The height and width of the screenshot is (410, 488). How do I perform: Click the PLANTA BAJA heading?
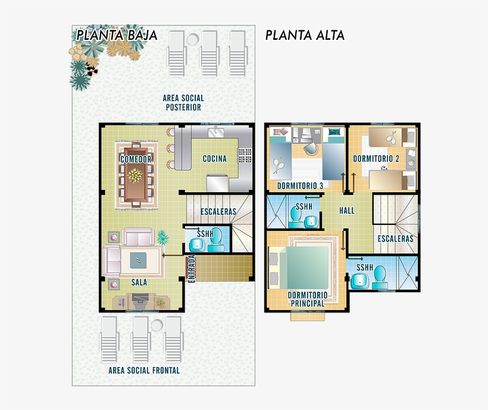point(117,35)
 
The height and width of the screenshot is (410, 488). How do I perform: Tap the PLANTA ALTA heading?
point(305,35)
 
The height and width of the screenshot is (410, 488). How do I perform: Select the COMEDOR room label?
point(136,159)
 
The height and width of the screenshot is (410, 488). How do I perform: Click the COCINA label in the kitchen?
point(215,159)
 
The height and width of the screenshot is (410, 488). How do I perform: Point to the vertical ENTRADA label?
point(192,269)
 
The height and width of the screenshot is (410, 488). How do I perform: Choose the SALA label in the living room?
point(139,283)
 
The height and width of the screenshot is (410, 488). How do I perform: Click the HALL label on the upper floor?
point(347,211)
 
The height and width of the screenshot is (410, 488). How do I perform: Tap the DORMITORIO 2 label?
point(376,159)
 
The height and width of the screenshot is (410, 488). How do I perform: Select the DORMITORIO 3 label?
point(301,186)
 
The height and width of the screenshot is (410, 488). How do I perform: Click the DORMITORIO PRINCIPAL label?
point(308,299)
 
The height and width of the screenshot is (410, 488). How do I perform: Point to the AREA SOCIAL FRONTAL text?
point(144,371)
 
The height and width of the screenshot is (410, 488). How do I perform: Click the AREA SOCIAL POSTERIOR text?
point(183,103)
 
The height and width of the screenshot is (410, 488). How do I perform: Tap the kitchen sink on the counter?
point(216,132)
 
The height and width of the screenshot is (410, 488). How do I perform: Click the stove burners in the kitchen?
point(245,155)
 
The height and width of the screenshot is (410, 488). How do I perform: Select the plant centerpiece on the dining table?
point(135,176)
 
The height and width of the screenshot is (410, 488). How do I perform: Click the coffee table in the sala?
point(139,260)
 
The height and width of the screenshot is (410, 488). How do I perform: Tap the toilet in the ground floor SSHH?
point(216,240)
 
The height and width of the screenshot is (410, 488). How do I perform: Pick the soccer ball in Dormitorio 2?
point(384,168)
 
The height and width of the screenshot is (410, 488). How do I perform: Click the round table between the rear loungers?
point(193,39)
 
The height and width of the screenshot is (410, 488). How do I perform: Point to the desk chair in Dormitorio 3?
point(311,148)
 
